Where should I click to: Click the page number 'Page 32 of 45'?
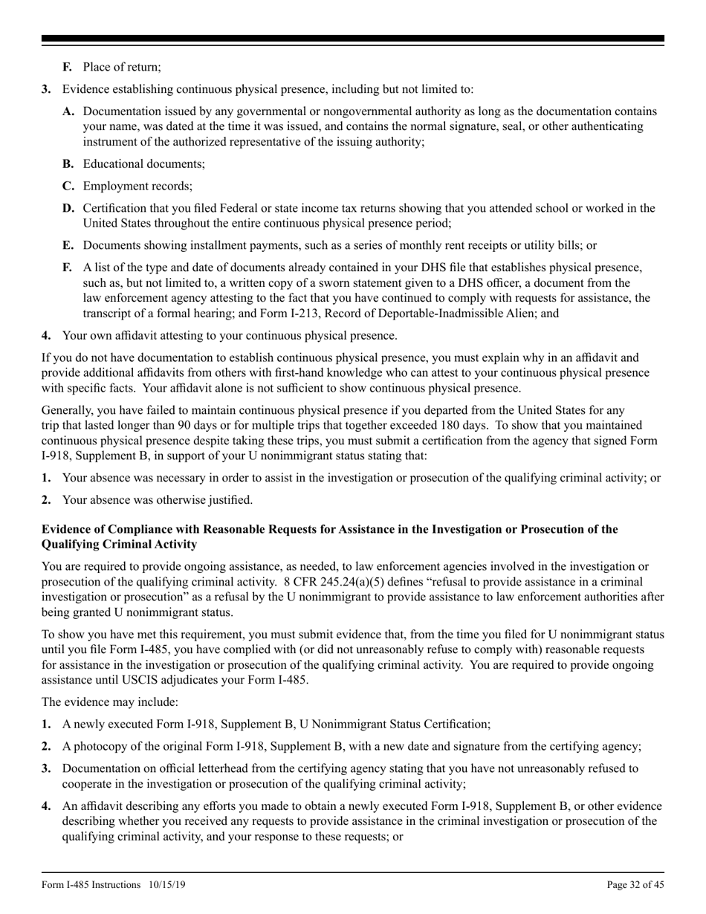point(635,884)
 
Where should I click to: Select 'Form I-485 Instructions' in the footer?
point(91,884)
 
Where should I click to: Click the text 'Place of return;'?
point(122,67)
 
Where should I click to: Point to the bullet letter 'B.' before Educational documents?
point(68,163)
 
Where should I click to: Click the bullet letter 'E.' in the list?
point(68,244)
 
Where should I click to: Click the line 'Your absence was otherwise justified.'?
point(158,499)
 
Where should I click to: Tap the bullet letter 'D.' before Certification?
point(68,208)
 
